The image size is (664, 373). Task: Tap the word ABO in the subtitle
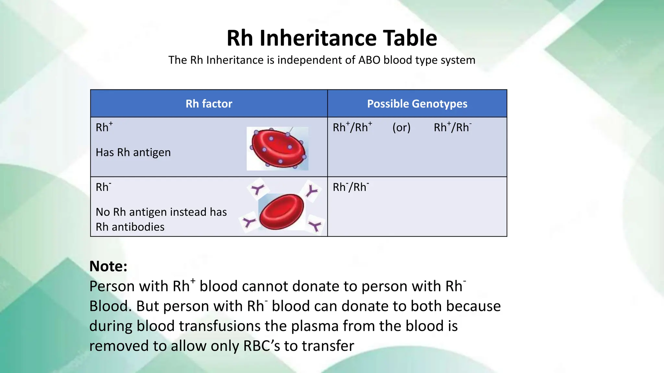click(x=369, y=60)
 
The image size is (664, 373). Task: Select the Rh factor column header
click(x=209, y=104)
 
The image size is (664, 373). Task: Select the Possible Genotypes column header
click(x=417, y=104)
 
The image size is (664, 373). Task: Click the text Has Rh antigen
click(x=133, y=152)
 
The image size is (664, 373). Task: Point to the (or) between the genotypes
click(x=401, y=128)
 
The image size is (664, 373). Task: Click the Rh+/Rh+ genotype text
click(x=352, y=127)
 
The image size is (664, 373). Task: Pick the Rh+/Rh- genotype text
click(x=453, y=127)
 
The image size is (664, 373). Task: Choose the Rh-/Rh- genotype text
click(x=351, y=187)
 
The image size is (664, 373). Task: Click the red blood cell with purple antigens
click(x=278, y=148)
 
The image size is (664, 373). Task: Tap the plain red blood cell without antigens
click(x=281, y=212)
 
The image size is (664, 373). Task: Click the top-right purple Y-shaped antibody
click(x=312, y=191)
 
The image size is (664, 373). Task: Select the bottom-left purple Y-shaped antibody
click(x=249, y=222)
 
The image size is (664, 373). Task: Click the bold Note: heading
click(x=108, y=266)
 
